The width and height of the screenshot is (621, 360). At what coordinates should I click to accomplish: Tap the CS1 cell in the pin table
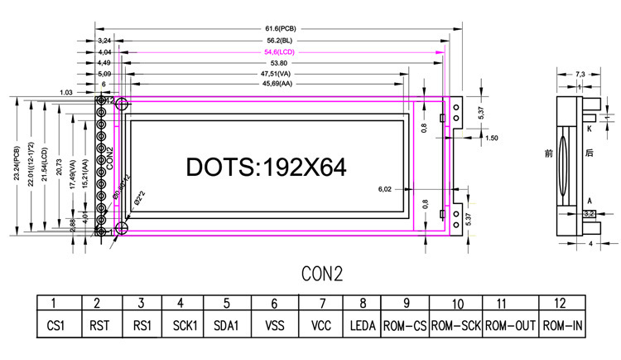point(55,327)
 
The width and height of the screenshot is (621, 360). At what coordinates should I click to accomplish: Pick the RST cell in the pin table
point(99,327)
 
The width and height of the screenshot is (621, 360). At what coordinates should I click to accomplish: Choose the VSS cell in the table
point(274,327)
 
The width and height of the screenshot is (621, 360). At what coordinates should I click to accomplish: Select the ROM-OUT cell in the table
point(510,327)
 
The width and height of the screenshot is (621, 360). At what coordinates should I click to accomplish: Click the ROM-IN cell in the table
point(563,327)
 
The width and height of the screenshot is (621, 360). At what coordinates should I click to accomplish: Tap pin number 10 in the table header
point(457,304)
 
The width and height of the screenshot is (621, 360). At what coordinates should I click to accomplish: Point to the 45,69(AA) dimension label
point(277,85)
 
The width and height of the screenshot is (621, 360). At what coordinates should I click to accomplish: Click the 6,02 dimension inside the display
point(384,188)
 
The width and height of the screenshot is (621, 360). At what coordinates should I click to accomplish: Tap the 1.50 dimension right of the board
point(491,138)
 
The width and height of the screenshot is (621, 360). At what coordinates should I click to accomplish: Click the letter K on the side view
point(589,129)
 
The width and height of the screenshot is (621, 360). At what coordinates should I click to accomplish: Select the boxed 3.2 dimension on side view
point(590,214)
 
